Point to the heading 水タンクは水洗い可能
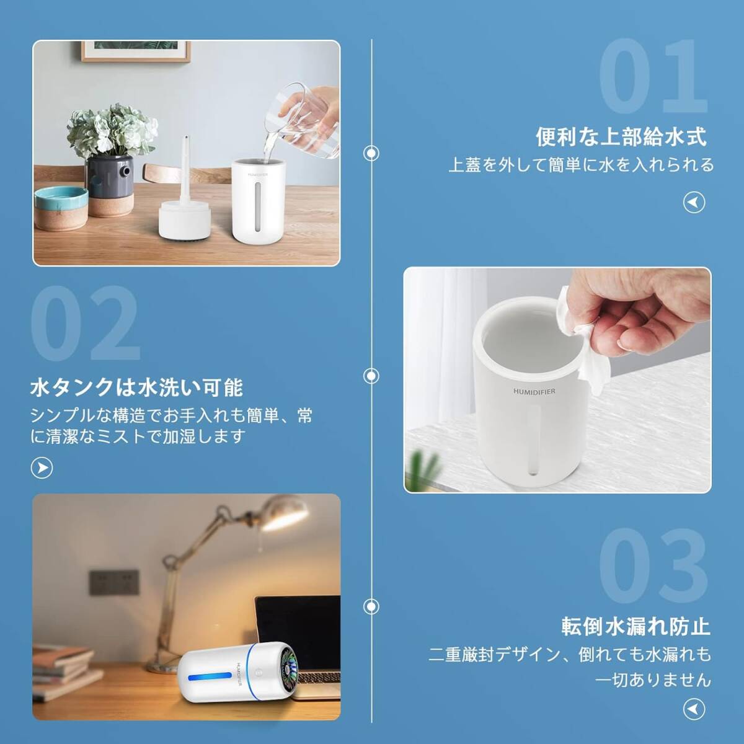136,388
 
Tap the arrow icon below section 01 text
694,202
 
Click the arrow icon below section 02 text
42,467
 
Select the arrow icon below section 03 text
694,708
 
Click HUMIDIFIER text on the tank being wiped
534,392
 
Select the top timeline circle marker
371,152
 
